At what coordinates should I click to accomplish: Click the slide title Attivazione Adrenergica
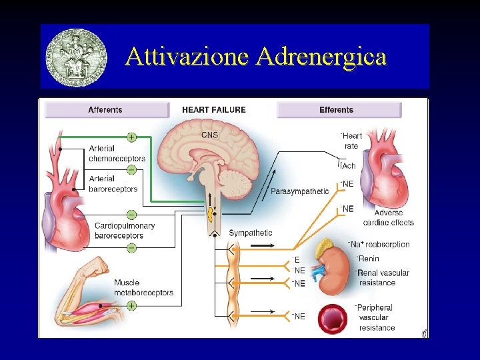click(x=255, y=57)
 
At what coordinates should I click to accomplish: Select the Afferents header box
click(x=106, y=110)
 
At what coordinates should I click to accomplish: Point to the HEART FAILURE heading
click(x=214, y=110)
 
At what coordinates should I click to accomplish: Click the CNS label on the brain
click(x=209, y=135)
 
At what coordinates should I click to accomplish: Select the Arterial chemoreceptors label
click(x=117, y=153)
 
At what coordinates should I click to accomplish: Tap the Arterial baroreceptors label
click(x=113, y=183)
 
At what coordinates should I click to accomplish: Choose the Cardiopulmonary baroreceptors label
click(x=124, y=230)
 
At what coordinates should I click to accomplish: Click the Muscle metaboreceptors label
click(x=143, y=287)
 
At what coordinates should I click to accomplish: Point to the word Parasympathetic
click(x=299, y=191)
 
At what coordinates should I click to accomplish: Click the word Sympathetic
click(x=250, y=233)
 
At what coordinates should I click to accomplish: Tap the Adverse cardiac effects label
click(x=389, y=218)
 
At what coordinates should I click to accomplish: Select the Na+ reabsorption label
click(x=380, y=245)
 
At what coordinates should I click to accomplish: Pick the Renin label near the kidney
click(x=369, y=259)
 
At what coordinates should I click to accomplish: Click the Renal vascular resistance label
click(x=383, y=277)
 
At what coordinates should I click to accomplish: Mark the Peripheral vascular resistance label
click(x=377, y=317)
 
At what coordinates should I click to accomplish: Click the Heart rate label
click(x=351, y=141)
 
